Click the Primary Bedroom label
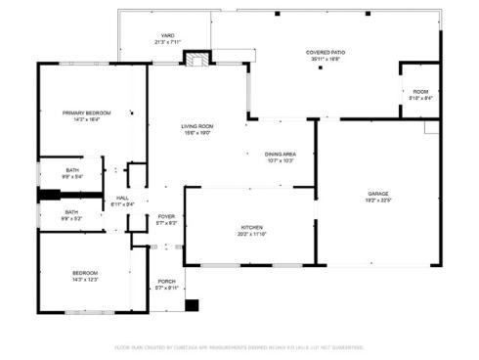point(86,112)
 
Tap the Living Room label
point(196,126)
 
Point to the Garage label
point(378,194)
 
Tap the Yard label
point(167,35)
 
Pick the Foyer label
point(166,216)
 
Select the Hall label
point(123,198)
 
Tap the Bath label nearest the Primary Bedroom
point(71,169)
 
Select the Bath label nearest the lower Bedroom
point(71,211)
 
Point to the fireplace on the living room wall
point(197,59)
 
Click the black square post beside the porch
point(192,305)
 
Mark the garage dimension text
point(378,201)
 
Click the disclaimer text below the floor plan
point(239,346)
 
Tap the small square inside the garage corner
point(431,127)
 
